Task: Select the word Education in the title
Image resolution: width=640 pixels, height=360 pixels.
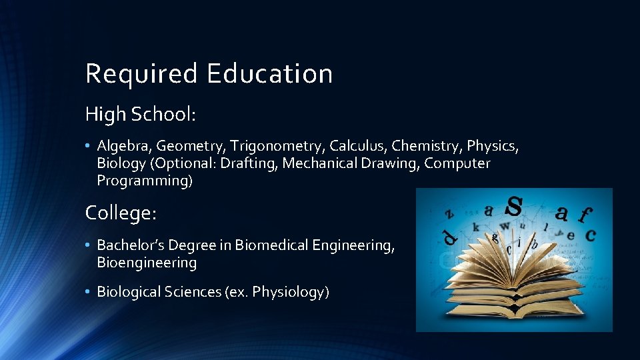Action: pos(269,73)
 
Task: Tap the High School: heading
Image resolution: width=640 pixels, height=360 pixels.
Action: pos(140,115)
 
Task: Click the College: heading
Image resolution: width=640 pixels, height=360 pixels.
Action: pos(121,213)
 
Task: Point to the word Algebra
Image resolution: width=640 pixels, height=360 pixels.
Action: pos(123,146)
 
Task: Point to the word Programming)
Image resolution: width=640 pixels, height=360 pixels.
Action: pos(145,181)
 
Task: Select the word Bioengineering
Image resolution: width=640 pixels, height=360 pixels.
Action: pos(147,263)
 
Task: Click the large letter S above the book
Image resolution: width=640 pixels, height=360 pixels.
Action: pos(514,207)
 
